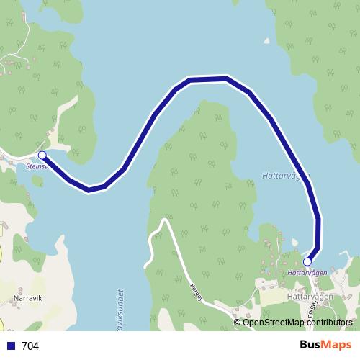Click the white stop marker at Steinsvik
coord(42,156)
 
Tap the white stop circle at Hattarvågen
coord(307,261)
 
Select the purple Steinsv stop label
coord(36,166)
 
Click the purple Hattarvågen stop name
coord(307,273)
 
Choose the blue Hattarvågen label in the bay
coord(286,175)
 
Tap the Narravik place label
coord(24,296)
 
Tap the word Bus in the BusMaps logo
coord(310,345)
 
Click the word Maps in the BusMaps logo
coord(336,345)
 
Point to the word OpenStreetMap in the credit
coord(273,323)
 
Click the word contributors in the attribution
coord(329,323)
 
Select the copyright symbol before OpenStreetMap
coord(238,323)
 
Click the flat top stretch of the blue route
coord(208,79)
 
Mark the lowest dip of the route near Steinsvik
coord(89,189)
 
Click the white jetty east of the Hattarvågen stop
coord(348,257)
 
